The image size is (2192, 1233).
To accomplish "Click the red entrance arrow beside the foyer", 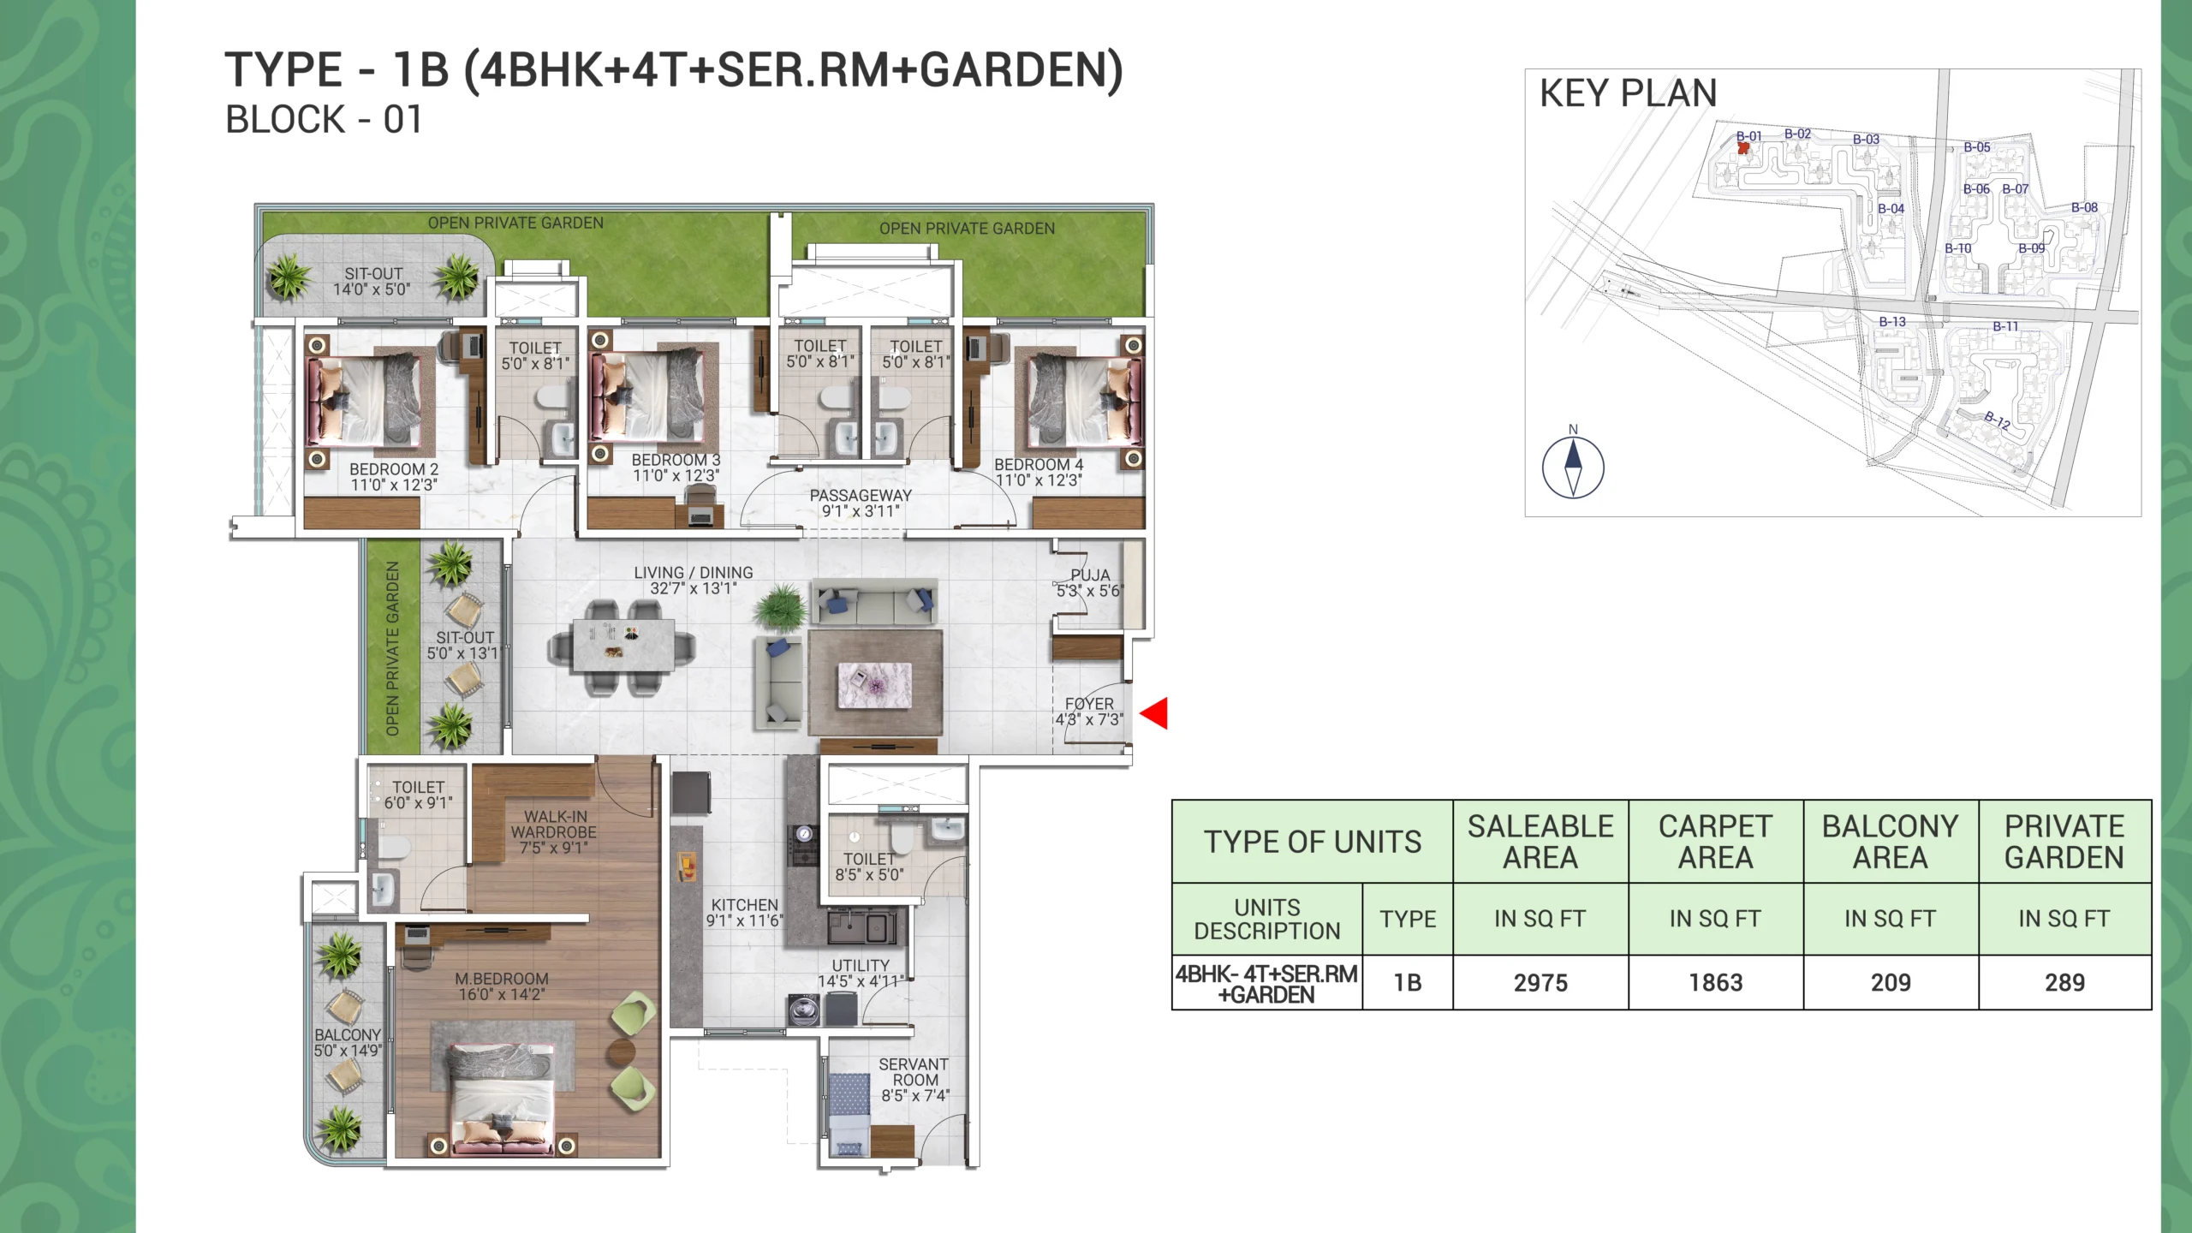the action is (x=1154, y=713).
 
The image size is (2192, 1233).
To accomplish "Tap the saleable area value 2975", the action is (x=1540, y=983).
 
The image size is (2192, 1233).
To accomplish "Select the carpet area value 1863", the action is (x=1716, y=983).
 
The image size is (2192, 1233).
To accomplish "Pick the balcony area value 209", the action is (x=1891, y=983).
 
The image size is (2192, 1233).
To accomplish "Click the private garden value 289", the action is (x=2065, y=983).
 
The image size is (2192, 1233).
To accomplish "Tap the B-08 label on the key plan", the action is (x=2085, y=207).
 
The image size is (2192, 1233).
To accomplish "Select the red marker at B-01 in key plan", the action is (x=1743, y=148).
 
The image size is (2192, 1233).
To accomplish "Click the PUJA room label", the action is (x=1090, y=575).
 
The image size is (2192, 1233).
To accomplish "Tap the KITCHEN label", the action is (x=745, y=905).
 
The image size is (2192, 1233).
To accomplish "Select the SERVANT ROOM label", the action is (x=914, y=1072).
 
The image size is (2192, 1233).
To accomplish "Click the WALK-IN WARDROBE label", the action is (x=555, y=825).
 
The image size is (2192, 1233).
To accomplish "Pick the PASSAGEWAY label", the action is (x=861, y=496).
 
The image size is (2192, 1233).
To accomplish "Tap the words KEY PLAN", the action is (x=1629, y=93).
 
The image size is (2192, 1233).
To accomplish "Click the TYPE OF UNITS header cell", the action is (x=1313, y=842).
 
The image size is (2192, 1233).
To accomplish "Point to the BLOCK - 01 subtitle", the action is (x=324, y=120).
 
